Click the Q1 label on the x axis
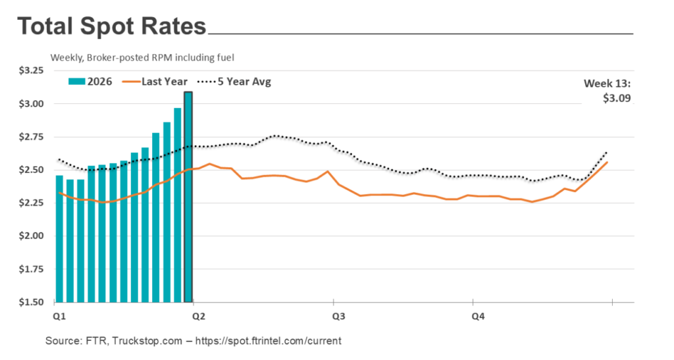click(x=58, y=317)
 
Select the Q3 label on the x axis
click(x=338, y=317)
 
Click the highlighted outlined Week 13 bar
click(x=188, y=197)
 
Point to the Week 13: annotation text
click(x=608, y=84)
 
